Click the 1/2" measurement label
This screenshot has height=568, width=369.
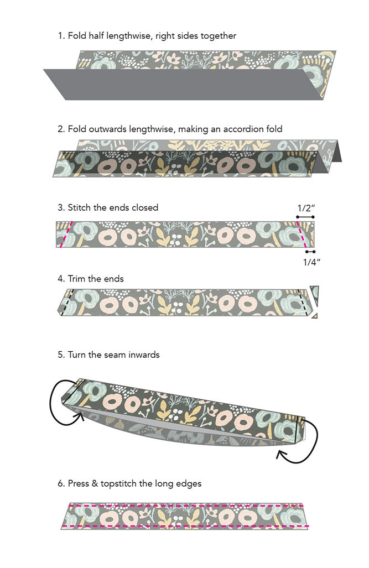pyautogui.click(x=306, y=208)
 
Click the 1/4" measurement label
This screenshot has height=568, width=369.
pyautogui.click(x=311, y=262)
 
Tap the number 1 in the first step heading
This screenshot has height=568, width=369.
pyautogui.click(x=60, y=36)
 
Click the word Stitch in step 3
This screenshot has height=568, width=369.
pyautogui.click(x=79, y=207)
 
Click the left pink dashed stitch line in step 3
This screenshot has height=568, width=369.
pyautogui.click(x=66, y=234)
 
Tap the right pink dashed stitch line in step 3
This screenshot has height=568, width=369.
pyautogui.click(x=302, y=234)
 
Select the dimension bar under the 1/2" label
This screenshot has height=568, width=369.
pyautogui.click(x=305, y=217)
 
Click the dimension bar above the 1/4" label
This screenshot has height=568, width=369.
pyautogui.click(x=310, y=252)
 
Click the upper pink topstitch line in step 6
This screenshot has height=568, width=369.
pyautogui.click(x=185, y=506)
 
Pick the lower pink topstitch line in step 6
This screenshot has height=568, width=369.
pyautogui.click(x=185, y=526)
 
